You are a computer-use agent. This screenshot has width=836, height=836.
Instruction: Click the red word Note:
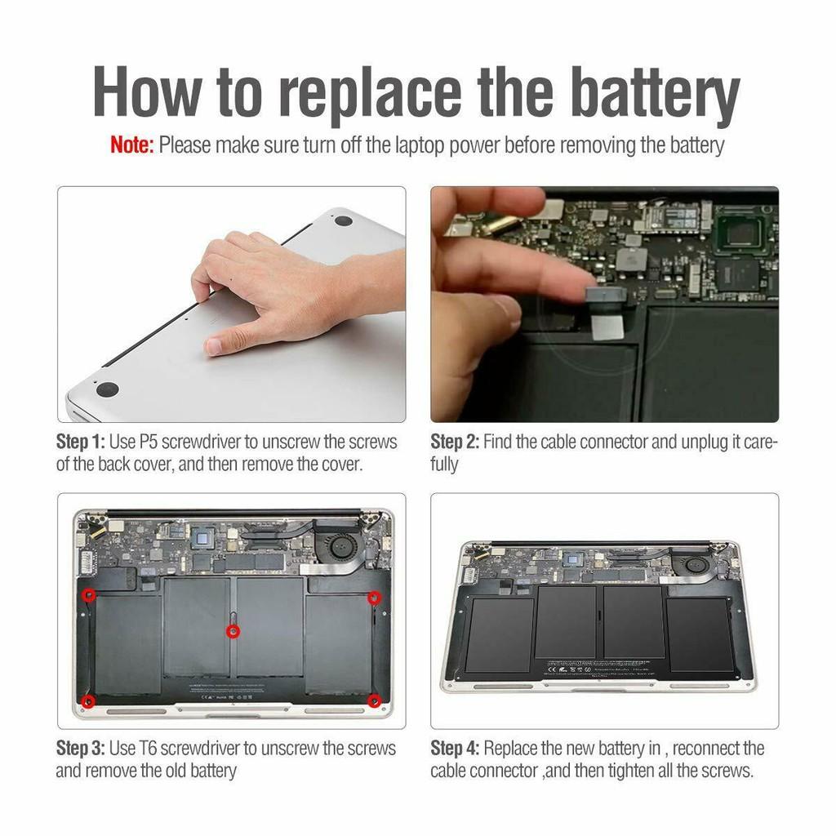131,145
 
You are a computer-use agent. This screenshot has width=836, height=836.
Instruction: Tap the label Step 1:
81,442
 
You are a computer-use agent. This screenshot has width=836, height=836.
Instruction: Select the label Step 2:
455,442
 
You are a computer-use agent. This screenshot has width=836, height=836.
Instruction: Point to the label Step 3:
81,749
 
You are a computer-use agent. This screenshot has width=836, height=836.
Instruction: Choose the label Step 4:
455,749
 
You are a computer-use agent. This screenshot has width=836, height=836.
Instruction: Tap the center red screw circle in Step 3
233,632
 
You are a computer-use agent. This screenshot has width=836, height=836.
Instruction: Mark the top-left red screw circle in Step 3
89,595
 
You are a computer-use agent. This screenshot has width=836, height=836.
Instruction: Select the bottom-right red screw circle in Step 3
374,700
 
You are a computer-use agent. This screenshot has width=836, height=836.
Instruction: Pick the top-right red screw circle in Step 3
375,598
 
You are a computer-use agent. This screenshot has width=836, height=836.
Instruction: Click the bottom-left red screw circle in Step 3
89,701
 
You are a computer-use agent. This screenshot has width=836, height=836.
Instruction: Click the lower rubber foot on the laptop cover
107,389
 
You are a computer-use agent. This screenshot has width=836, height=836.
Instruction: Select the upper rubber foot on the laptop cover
343,220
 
